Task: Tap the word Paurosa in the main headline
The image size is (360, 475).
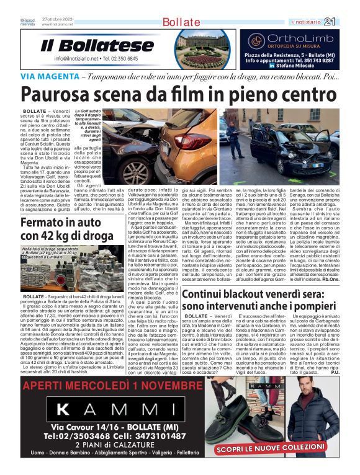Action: point(55,94)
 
